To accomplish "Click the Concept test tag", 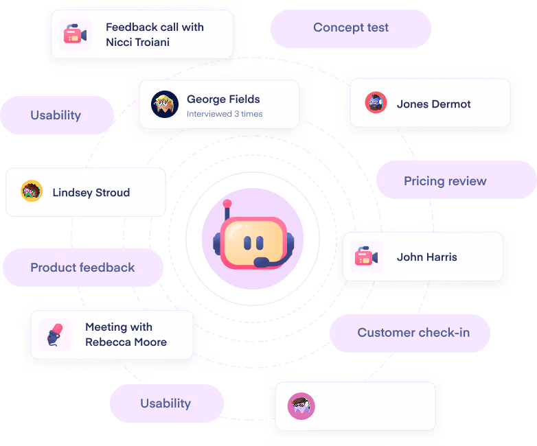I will (350, 28).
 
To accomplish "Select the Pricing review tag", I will (445, 181).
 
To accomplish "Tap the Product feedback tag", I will (82, 268).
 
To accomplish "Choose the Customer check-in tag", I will (413, 333).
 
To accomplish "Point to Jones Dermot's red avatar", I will (376, 103).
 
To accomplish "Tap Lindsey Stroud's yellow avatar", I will (32, 191).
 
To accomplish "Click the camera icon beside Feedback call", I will (73, 34).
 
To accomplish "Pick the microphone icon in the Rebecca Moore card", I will (55, 334).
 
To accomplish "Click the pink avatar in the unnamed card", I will (301, 406).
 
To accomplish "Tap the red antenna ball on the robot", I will (227, 204).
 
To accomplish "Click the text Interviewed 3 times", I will (225, 114).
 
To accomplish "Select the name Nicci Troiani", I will (137, 42).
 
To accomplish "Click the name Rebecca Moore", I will (126, 342).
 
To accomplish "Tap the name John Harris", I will (426, 257).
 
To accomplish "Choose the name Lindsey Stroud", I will (91, 193).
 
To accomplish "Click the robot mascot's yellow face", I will (253, 242).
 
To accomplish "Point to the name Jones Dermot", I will (433, 104).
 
